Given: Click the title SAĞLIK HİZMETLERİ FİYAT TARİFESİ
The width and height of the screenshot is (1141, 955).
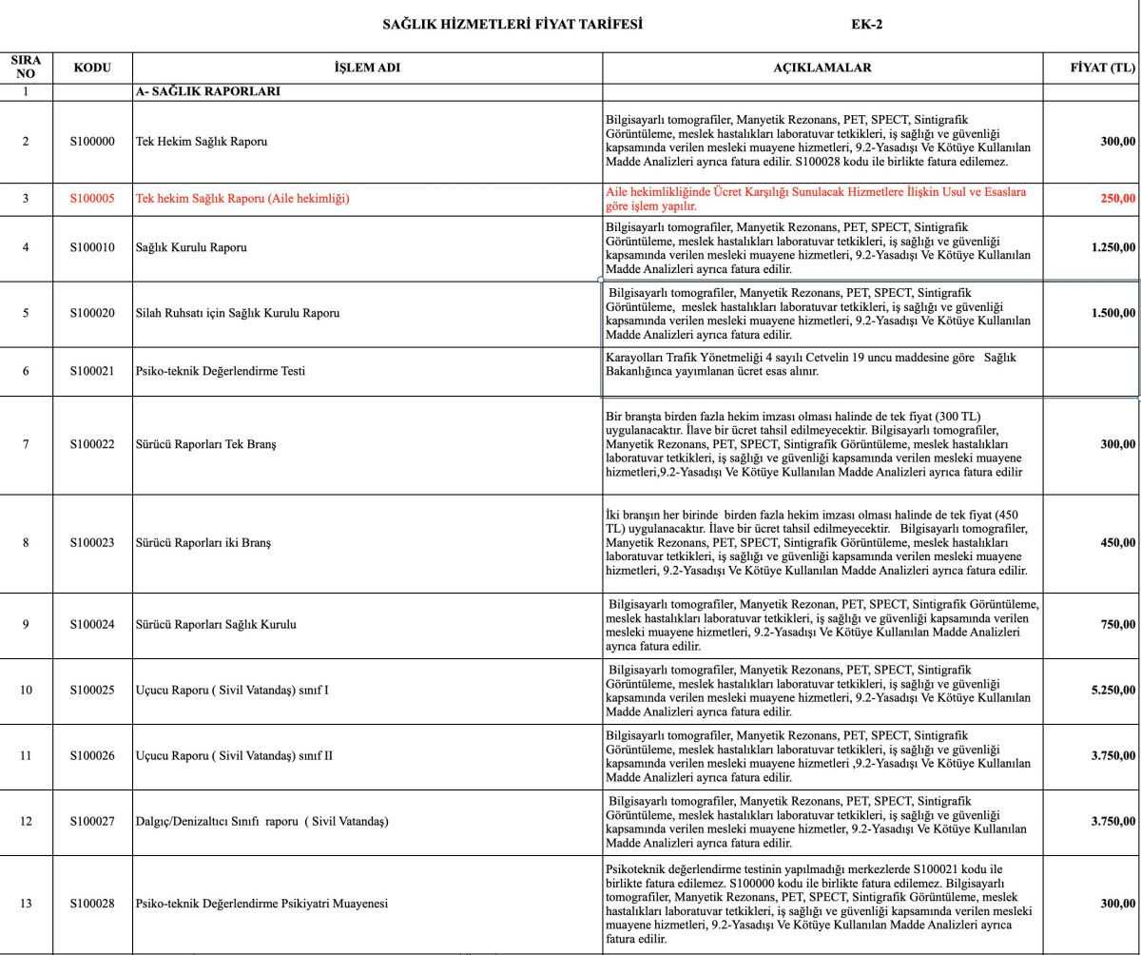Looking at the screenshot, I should pyautogui.click(x=512, y=24).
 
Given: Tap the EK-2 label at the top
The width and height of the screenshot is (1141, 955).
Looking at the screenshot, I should pyautogui.click(x=866, y=24).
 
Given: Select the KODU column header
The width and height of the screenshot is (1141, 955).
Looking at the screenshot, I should pyautogui.click(x=92, y=68).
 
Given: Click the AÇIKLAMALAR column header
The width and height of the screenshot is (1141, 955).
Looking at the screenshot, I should pyautogui.click(x=822, y=68).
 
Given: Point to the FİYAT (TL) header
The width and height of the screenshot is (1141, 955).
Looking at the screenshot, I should pyautogui.click(x=1103, y=68).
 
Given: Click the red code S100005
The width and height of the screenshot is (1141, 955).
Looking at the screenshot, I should pyautogui.click(x=92, y=199).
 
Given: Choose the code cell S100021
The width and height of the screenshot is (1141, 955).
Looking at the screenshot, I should pyautogui.click(x=92, y=371).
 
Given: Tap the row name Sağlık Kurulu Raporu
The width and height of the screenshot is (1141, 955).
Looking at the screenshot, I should pyautogui.click(x=191, y=247).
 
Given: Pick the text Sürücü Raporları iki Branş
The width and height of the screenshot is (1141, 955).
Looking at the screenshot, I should pyautogui.click(x=203, y=543).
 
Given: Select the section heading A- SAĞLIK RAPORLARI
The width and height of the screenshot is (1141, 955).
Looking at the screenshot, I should pyautogui.click(x=207, y=92).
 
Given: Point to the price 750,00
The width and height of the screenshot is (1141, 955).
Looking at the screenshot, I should pyautogui.click(x=1116, y=625).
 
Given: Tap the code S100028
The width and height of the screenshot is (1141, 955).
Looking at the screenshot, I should pyautogui.click(x=92, y=904).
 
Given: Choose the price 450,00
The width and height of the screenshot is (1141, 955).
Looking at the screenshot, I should pyautogui.click(x=1116, y=543).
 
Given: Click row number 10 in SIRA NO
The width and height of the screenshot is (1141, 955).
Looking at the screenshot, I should pyautogui.click(x=26, y=690).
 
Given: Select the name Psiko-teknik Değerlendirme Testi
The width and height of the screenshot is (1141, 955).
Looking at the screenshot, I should pyautogui.click(x=220, y=371).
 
